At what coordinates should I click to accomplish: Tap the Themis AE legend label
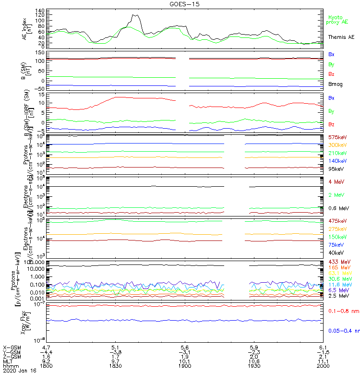click(341, 37)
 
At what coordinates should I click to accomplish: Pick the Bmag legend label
click(335, 84)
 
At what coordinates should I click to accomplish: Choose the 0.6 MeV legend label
click(337, 208)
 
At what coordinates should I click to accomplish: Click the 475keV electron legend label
click(337, 221)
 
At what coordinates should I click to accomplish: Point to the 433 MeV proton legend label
click(338, 262)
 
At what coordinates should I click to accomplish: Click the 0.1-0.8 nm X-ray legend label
click(342, 312)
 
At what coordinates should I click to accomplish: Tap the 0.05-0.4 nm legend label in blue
click(343, 331)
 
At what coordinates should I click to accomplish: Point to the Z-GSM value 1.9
click(185, 356)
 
